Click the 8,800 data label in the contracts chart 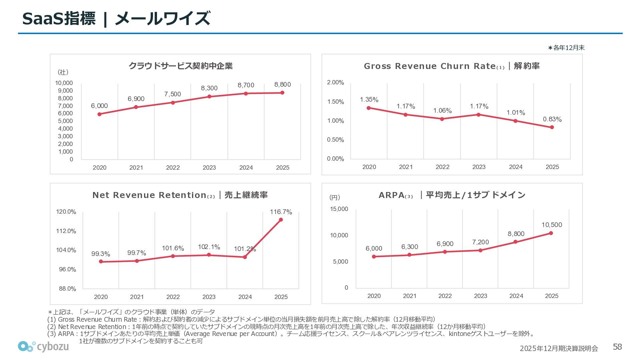(282, 85)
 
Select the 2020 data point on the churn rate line (369, 108)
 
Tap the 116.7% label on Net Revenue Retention (281, 212)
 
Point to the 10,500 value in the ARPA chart (552, 225)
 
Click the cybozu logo (43, 347)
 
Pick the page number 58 (617, 347)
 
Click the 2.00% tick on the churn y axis (335, 83)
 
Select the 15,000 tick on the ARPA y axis (339, 209)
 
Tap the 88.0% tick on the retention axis (67, 289)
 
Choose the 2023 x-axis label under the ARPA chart (480, 296)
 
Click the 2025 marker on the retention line (281, 220)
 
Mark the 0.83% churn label (552, 119)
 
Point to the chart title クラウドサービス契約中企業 (180, 66)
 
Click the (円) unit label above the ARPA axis (335, 197)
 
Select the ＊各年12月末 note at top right (566, 48)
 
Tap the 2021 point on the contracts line (136, 107)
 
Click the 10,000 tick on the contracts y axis (64, 83)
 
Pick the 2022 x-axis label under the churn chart (442, 167)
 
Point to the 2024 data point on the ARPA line (515, 242)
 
